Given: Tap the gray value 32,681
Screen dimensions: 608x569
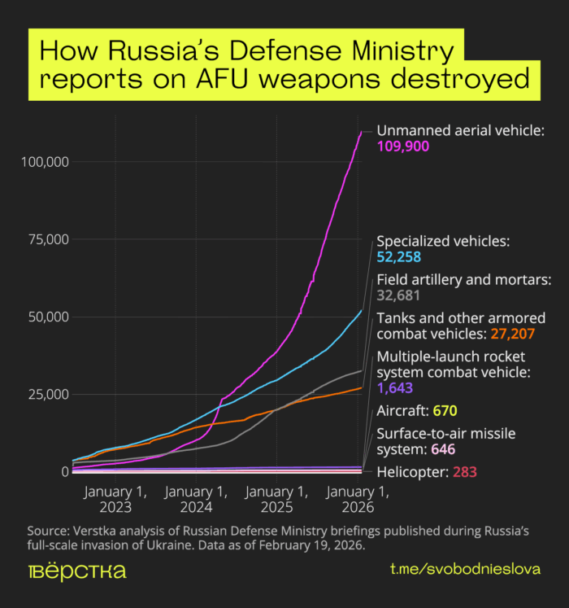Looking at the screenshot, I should click(x=398, y=296).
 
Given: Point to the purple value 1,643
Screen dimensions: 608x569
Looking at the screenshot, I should click(x=394, y=389).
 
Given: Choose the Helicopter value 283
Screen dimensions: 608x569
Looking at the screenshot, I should click(x=463, y=471).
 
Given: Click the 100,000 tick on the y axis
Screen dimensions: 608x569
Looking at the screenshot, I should click(x=43, y=162).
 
